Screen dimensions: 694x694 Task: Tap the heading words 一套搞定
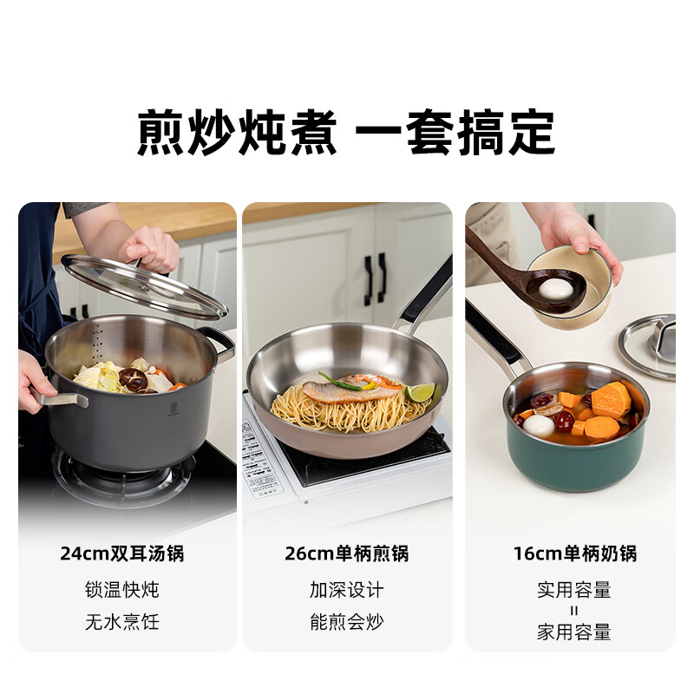coord(456,133)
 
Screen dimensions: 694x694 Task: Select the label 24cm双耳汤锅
coord(122,553)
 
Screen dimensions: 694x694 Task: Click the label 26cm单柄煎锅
coord(346,553)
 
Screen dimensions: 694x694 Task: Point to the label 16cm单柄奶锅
coord(574,553)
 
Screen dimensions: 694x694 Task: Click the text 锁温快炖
coord(122,590)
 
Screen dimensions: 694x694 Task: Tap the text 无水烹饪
coord(122,621)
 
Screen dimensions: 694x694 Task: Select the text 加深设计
coord(346,590)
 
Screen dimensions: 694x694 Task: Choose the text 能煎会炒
coord(346,621)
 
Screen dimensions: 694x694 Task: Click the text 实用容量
coord(574,590)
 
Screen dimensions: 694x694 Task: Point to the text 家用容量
coord(574,632)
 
